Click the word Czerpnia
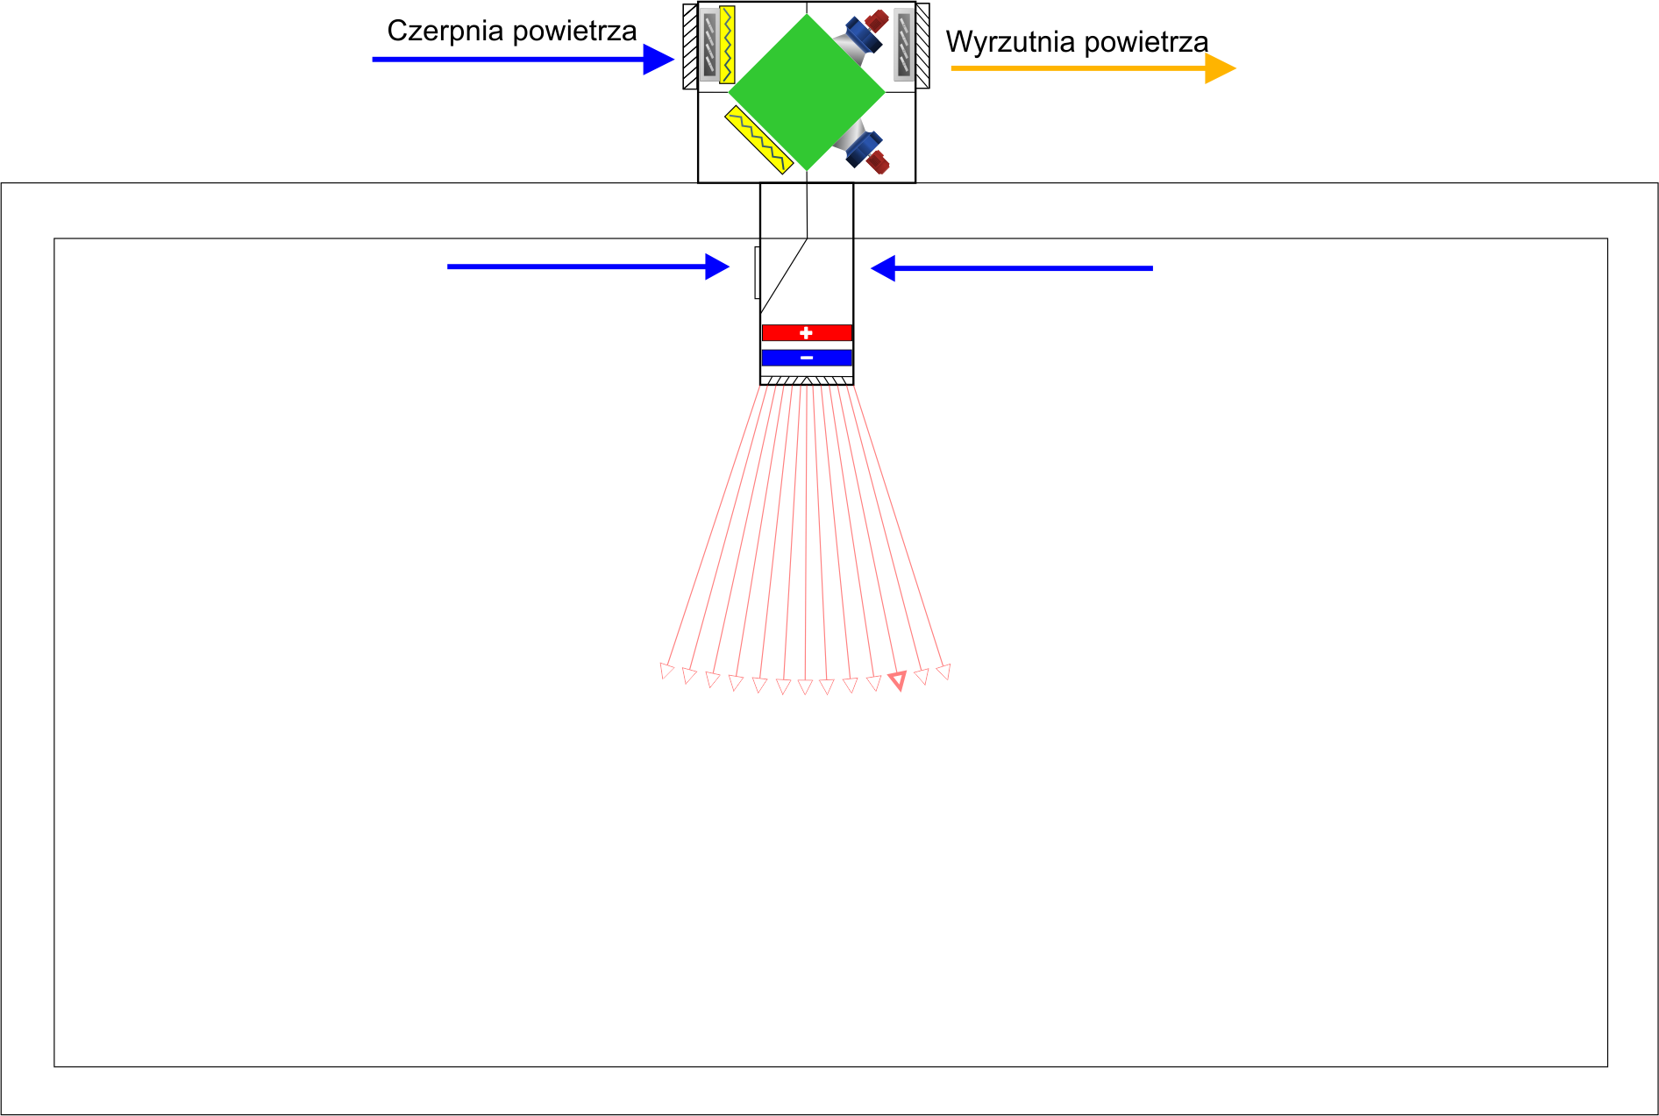pyautogui.click(x=445, y=32)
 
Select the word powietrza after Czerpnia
pyautogui.click(x=574, y=32)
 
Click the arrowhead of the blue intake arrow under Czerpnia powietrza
pyautogui.click(x=658, y=60)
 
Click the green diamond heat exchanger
pyautogui.click(x=806, y=92)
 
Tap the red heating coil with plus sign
pyautogui.click(x=807, y=333)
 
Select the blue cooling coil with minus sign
pyautogui.click(x=807, y=358)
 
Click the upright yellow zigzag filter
pyautogui.click(x=727, y=45)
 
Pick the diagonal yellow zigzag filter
pyautogui.click(x=758, y=139)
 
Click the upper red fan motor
pyautogui.click(x=876, y=20)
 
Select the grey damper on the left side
pyautogui.click(x=709, y=45)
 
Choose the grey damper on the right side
pyautogui.click(x=903, y=45)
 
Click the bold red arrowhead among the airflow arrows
pyautogui.click(x=897, y=680)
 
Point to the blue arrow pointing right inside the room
pyautogui.click(x=587, y=267)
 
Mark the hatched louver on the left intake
pyautogui.click(x=690, y=46)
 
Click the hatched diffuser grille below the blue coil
pyautogui.click(x=807, y=380)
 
